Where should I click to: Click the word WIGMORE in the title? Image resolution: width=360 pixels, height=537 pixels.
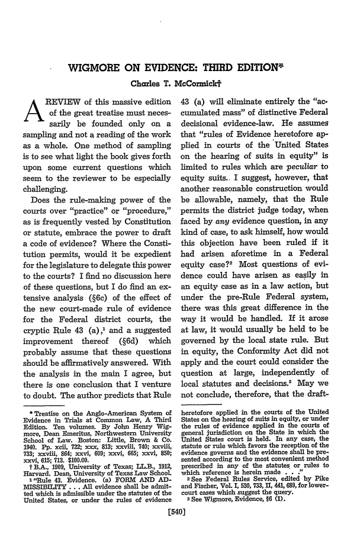click(97, 82)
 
